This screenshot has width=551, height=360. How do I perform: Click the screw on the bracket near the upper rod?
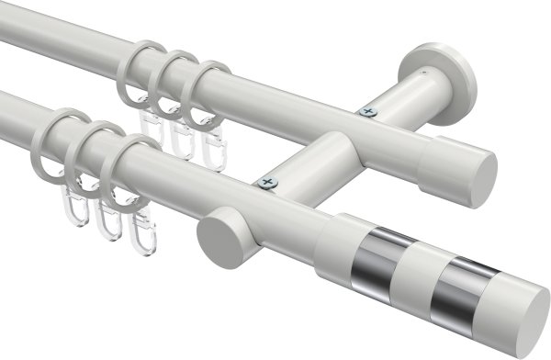pyautogui.click(x=370, y=112)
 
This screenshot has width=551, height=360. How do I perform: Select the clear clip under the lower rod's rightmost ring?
pyautogui.click(x=141, y=239)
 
